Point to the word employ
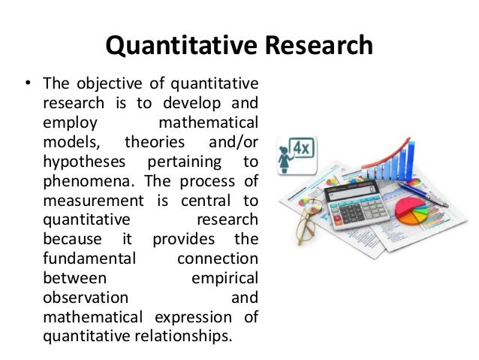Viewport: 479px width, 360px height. pos(66,123)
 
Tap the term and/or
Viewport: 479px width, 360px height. pos(229,143)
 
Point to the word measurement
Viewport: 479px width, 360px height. pos(90,201)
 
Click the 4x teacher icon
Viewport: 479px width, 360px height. pos(294,154)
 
